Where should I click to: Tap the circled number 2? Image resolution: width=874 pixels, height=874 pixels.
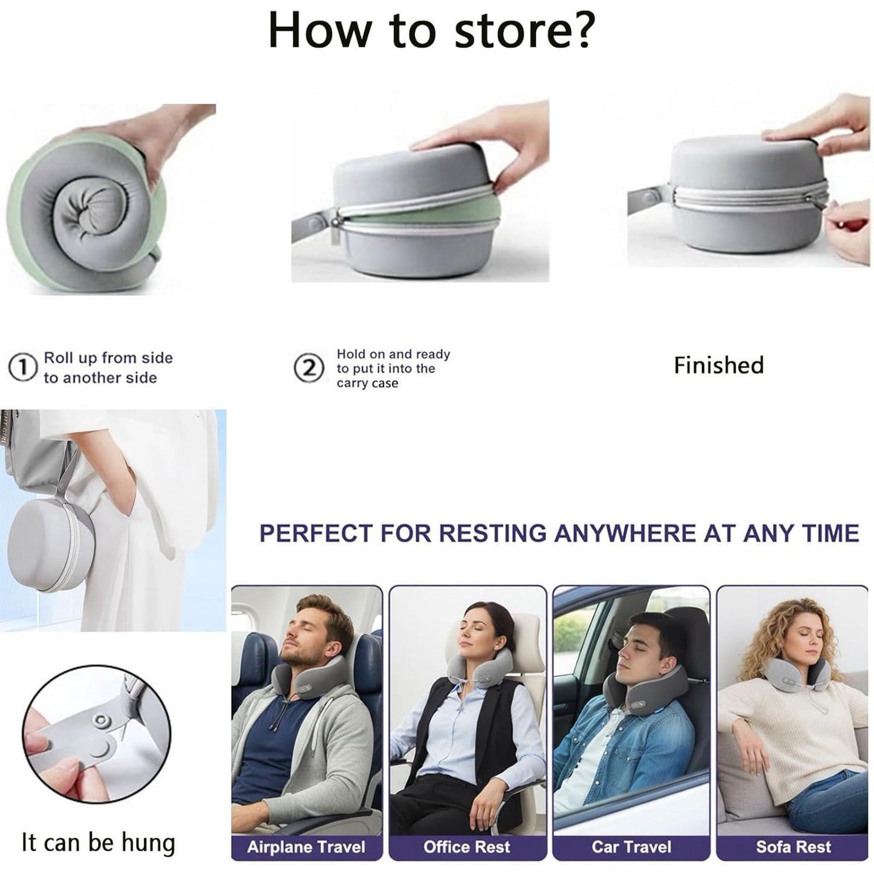[x=308, y=368]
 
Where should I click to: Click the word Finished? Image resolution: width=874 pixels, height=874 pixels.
[x=719, y=365]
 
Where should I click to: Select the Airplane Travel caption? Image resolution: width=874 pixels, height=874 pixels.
[x=306, y=847]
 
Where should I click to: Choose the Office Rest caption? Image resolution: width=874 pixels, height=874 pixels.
[x=467, y=847]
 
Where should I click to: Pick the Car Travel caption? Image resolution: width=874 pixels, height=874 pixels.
[x=631, y=847]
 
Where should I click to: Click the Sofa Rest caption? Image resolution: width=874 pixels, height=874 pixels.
[x=794, y=847]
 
